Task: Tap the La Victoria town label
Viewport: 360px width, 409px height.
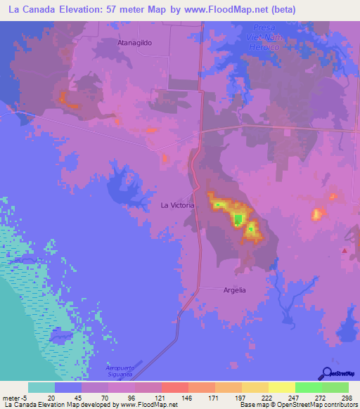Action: [176, 206]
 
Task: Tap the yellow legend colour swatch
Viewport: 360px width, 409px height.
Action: [281, 387]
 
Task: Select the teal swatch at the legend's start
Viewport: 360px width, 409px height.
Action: [41, 387]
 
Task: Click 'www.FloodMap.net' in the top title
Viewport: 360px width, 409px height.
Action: [232, 10]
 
